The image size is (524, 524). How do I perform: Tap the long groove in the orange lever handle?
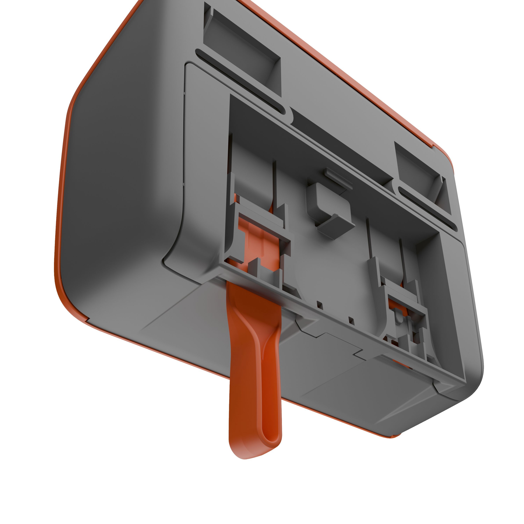[x=267, y=401]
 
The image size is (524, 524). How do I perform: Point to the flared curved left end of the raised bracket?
[x=174, y=258]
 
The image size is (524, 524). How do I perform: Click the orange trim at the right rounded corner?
[x=445, y=155]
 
